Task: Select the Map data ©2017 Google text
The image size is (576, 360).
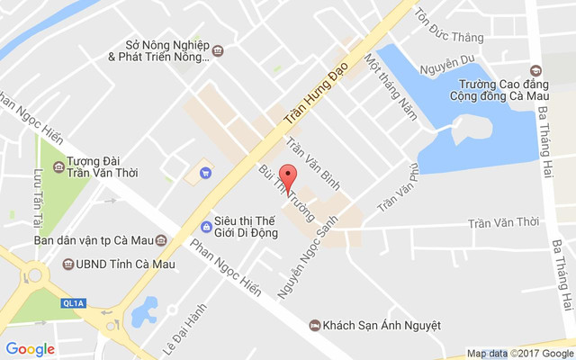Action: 518,353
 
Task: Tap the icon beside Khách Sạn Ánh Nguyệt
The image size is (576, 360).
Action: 313,325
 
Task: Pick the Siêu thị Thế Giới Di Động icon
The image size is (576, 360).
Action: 206,226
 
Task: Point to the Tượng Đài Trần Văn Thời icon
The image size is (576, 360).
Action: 58,166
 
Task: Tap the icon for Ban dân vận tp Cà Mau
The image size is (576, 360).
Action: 161,240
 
